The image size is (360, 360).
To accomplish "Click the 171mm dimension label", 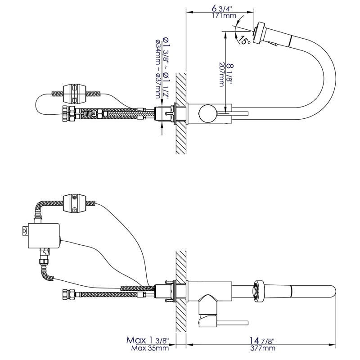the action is (224, 16).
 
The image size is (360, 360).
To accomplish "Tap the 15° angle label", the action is (244, 40).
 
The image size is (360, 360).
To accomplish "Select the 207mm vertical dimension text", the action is (221, 74).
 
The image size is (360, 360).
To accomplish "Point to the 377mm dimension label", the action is (263, 348).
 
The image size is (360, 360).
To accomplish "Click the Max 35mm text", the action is (150, 348).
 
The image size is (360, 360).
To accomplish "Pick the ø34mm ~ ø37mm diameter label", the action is (158, 69).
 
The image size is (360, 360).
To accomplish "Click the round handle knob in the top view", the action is (208, 113).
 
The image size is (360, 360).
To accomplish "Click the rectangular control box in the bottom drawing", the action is (44, 235).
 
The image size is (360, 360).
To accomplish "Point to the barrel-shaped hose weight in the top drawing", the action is (75, 94).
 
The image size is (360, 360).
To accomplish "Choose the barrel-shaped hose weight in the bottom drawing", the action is (75, 203).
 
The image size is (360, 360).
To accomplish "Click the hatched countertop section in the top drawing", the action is (181, 113).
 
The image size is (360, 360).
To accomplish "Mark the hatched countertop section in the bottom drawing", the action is (181, 291).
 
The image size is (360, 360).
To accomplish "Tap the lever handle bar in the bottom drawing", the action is (232, 323).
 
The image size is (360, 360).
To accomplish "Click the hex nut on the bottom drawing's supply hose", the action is (68, 295).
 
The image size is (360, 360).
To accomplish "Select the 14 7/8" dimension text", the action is (262, 341).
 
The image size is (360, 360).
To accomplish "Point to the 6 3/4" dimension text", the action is (222, 9).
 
